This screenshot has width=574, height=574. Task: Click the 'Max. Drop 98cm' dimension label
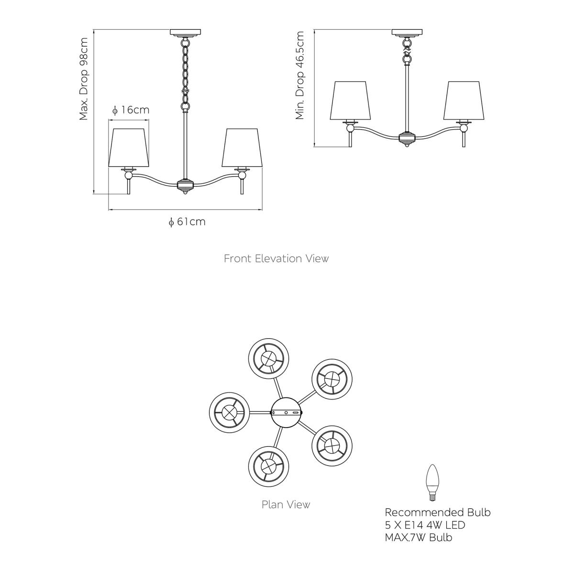pyautogui.click(x=84, y=78)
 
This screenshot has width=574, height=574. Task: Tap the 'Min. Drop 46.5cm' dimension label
pyautogui.click(x=299, y=76)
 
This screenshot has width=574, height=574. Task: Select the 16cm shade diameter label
pyautogui.click(x=131, y=110)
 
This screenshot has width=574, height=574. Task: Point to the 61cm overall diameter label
pyautogui.click(x=187, y=222)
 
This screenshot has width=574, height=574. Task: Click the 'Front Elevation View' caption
pyautogui.click(x=276, y=258)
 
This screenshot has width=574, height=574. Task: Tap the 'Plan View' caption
pyautogui.click(x=286, y=504)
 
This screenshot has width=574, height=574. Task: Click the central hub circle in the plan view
pyautogui.click(x=286, y=412)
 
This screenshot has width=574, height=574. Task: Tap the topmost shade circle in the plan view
pyautogui.click(x=269, y=358)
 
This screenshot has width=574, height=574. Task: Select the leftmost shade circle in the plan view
pyautogui.click(x=230, y=412)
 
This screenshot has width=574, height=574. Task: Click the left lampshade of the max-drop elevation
pyautogui.click(x=129, y=148)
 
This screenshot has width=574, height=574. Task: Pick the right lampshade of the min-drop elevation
pyautogui.click(x=464, y=100)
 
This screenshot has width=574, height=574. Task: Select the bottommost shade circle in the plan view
pyautogui.click(x=269, y=467)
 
